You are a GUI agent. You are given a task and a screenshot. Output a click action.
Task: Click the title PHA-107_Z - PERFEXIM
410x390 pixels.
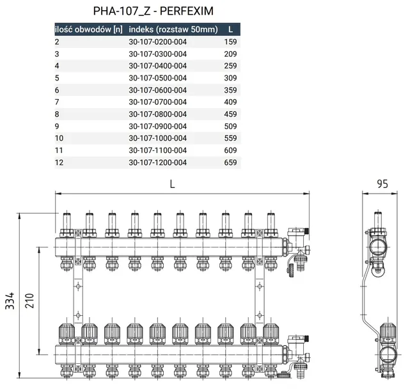pyautogui.click(x=154, y=11)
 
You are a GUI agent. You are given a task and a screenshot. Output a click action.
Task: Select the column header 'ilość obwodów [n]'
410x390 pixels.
pyautogui.click(x=89, y=29)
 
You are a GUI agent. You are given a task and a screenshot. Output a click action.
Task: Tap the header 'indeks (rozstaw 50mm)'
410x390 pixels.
pyautogui.click(x=173, y=29)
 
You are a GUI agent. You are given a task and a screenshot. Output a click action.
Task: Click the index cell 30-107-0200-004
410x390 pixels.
pyautogui.click(x=158, y=42)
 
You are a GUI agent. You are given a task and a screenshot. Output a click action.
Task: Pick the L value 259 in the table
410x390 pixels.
pyautogui.click(x=230, y=66)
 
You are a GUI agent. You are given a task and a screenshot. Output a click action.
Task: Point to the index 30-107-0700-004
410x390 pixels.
pyautogui.click(x=158, y=102)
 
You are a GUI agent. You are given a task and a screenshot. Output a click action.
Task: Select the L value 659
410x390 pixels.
pyautogui.click(x=230, y=162)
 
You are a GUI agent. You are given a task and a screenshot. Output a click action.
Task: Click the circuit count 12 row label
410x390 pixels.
pyautogui.click(x=59, y=162)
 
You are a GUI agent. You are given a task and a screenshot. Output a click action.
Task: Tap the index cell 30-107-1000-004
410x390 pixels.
pyautogui.click(x=158, y=138)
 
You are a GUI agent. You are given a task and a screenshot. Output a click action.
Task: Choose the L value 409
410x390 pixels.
pyautogui.click(x=230, y=102)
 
